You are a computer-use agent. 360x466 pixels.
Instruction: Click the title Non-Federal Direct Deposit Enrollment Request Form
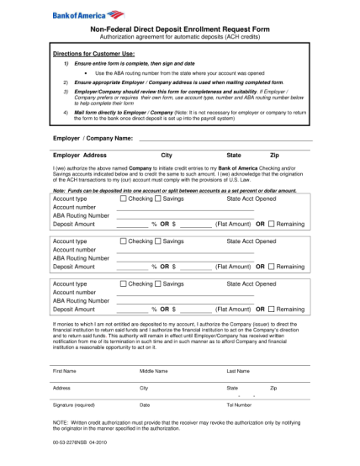pos(179,29)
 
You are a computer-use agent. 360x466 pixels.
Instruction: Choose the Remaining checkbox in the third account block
pos(271,310)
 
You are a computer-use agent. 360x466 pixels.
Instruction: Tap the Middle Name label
pos(154,370)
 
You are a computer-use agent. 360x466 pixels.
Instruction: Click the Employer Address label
pos(80,156)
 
